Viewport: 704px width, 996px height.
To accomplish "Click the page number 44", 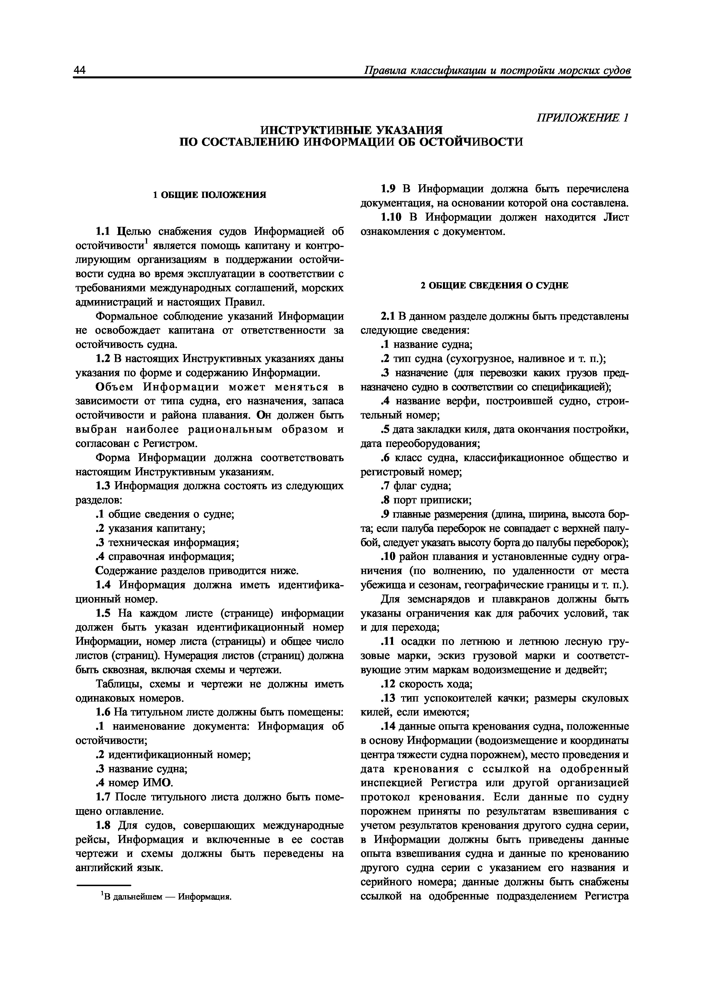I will click(81, 70).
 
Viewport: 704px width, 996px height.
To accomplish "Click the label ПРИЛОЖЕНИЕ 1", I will click(582, 118).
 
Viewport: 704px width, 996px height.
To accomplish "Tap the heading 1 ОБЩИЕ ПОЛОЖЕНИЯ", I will click(210, 195).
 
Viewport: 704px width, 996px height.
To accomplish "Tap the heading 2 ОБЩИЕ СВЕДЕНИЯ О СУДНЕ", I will click(494, 285).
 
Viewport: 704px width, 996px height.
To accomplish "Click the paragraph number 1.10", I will click(392, 217).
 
